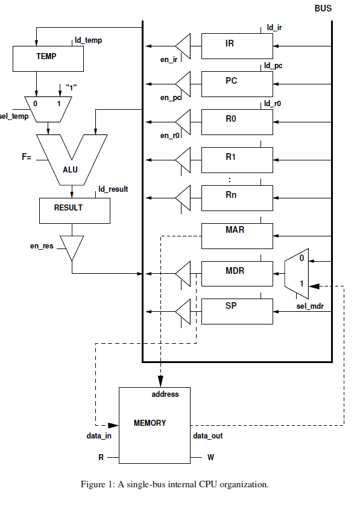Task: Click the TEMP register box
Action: tap(48, 59)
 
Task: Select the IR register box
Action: tap(237, 46)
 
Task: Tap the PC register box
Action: tap(237, 84)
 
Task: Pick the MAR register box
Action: tap(237, 236)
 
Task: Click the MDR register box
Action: tap(237, 274)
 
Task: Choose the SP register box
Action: tap(237, 311)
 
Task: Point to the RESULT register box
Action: tap(75, 210)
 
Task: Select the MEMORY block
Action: tap(154, 425)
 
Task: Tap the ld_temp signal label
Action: tap(89, 40)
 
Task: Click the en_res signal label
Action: tap(42, 246)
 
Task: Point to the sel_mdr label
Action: tap(310, 306)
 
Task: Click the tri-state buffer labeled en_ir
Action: tap(183, 46)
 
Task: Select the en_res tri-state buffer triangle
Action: tap(72, 247)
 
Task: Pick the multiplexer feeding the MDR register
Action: tap(297, 274)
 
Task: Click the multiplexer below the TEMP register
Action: tap(48, 109)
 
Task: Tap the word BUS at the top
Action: tap(323, 8)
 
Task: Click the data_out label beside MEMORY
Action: tap(208, 436)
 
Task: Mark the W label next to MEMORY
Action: tap(210, 457)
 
